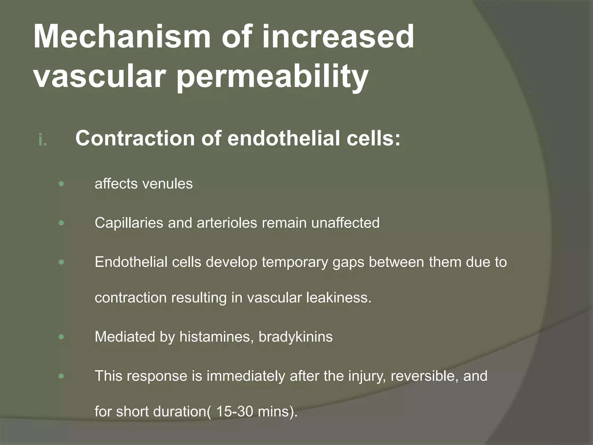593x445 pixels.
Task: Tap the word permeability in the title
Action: click(x=272, y=77)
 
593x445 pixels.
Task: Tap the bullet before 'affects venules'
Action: click(x=61, y=184)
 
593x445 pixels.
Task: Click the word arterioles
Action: click(x=227, y=223)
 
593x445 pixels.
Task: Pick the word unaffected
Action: click(x=345, y=223)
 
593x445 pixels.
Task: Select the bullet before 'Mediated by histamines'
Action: click(x=61, y=337)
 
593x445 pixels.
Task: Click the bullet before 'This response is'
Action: click(x=61, y=376)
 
